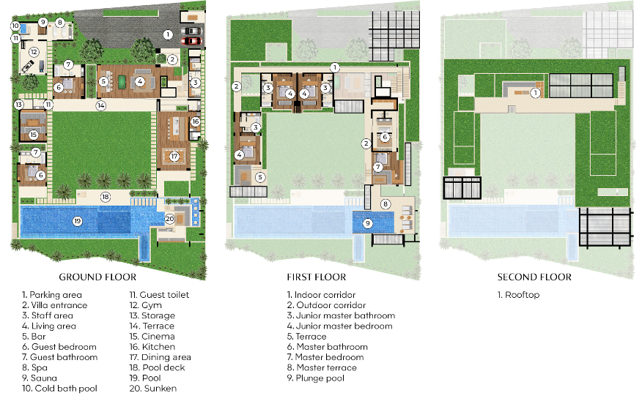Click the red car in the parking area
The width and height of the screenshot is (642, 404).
click(x=191, y=41)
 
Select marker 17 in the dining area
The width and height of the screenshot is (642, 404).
click(x=174, y=156)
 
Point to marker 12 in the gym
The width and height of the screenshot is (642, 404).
click(x=34, y=53)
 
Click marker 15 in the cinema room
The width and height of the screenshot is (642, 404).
click(x=34, y=134)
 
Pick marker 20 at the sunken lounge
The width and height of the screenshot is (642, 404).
click(x=169, y=217)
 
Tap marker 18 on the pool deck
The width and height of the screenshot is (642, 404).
click(x=105, y=196)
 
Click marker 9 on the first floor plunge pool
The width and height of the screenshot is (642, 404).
click(x=367, y=223)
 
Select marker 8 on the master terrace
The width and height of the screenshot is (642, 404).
click(x=386, y=203)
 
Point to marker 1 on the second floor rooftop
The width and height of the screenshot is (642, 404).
click(x=535, y=93)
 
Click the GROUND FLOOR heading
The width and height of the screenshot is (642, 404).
click(x=97, y=277)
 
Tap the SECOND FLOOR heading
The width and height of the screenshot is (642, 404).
click(x=534, y=277)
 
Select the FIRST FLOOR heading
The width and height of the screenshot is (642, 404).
click(x=317, y=277)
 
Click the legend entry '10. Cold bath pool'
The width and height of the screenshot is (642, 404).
click(x=59, y=389)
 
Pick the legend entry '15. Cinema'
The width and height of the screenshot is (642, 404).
click(x=149, y=337)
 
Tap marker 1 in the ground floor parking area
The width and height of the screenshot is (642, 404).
click(x=168, y=34)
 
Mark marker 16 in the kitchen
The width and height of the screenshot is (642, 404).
click(x=195, y=122)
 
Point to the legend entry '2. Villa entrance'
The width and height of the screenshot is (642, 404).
click(x=54, y=305)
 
